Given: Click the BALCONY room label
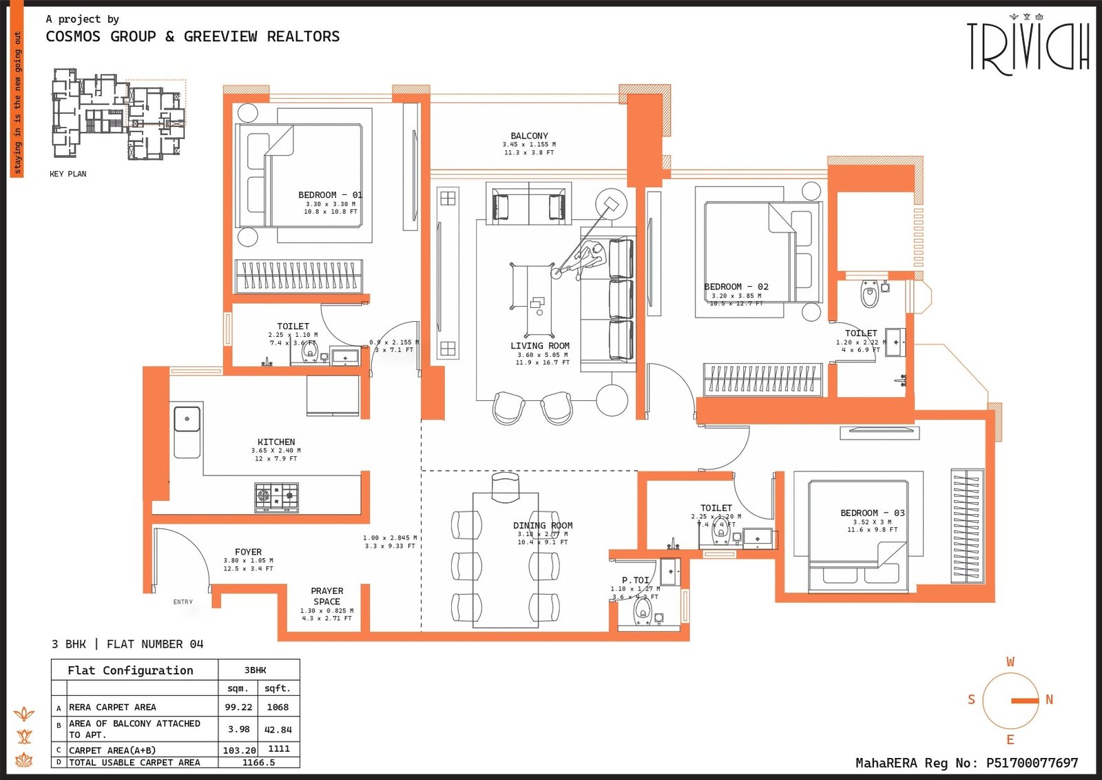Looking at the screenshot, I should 529,136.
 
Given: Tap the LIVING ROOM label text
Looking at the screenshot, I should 540,346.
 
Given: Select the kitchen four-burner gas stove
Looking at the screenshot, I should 277,497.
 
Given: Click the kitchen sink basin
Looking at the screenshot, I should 187,419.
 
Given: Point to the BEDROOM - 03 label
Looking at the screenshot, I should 872,513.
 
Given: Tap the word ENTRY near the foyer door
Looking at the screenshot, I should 183,602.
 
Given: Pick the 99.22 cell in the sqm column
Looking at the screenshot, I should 238,707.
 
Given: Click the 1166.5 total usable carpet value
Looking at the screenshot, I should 258,762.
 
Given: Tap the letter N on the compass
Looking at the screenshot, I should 1049,699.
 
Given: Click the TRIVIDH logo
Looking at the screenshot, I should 1028,47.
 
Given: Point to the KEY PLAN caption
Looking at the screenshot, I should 67,174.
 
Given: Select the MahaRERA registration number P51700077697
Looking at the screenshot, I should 1032,763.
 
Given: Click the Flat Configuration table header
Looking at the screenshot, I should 130,670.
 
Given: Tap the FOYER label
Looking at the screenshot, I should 248,552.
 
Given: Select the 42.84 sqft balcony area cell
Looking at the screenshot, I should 278,729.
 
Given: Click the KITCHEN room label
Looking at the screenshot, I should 276,442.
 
